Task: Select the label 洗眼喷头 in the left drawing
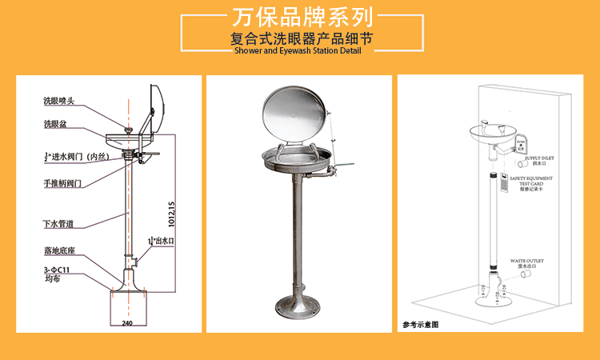pyautogui.click(x=59, y=102)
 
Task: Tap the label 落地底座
pyautogui.click(x=60, y=250)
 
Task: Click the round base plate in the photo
pyautogui.click(x=298, y=307)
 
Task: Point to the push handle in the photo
pyautogui.click(x=341, y=167)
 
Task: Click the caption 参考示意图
pyautogui.click(x=420, y=325)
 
